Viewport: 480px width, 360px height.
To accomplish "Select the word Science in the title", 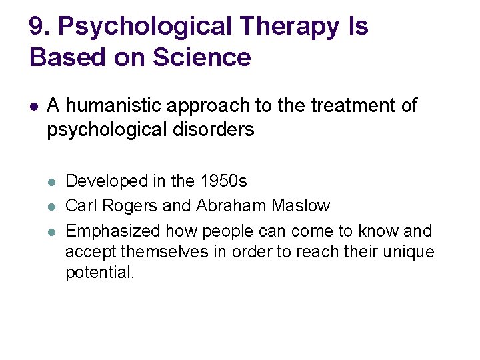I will [201, 57].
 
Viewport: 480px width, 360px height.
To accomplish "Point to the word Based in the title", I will [63, 57].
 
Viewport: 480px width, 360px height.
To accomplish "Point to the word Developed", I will [107, 181].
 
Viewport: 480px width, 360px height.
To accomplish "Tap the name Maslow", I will [301, 205].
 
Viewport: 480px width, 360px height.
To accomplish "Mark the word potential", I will [100, 273].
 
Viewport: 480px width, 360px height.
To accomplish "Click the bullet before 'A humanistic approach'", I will [34, 105].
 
